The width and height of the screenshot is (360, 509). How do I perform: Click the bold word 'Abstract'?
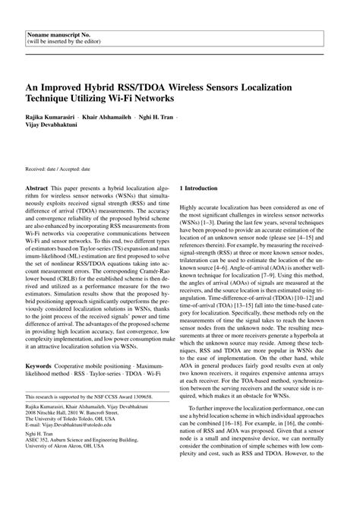(39, 187)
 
